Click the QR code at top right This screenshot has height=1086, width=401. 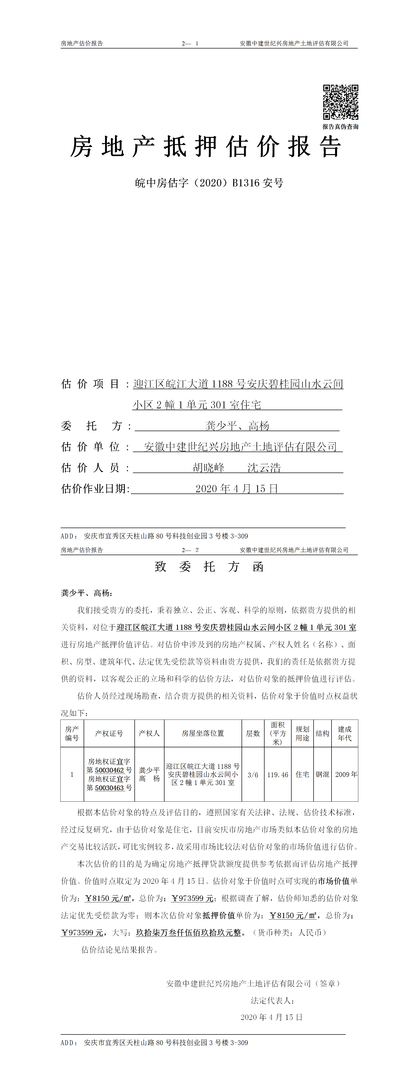pos(340,102)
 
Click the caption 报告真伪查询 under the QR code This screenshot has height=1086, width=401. pos(340,127)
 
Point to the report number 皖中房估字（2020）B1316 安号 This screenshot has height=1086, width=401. pos(209,183)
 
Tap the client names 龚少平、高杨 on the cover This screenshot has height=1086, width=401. pos(237,426)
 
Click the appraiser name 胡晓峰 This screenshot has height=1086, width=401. pos(209,467)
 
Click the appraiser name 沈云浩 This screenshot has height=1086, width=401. pos(264,467)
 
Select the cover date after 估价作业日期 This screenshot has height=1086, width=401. pos(237,489)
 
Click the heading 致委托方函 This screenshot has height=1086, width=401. pos(209,566)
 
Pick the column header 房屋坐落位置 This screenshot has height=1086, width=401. pos(203,733)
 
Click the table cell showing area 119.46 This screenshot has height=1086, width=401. pos(277,774)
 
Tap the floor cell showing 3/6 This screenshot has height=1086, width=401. pos(253,774)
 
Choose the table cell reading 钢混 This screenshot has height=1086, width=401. pos(322,774)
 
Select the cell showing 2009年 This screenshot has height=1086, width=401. pos(346,774)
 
